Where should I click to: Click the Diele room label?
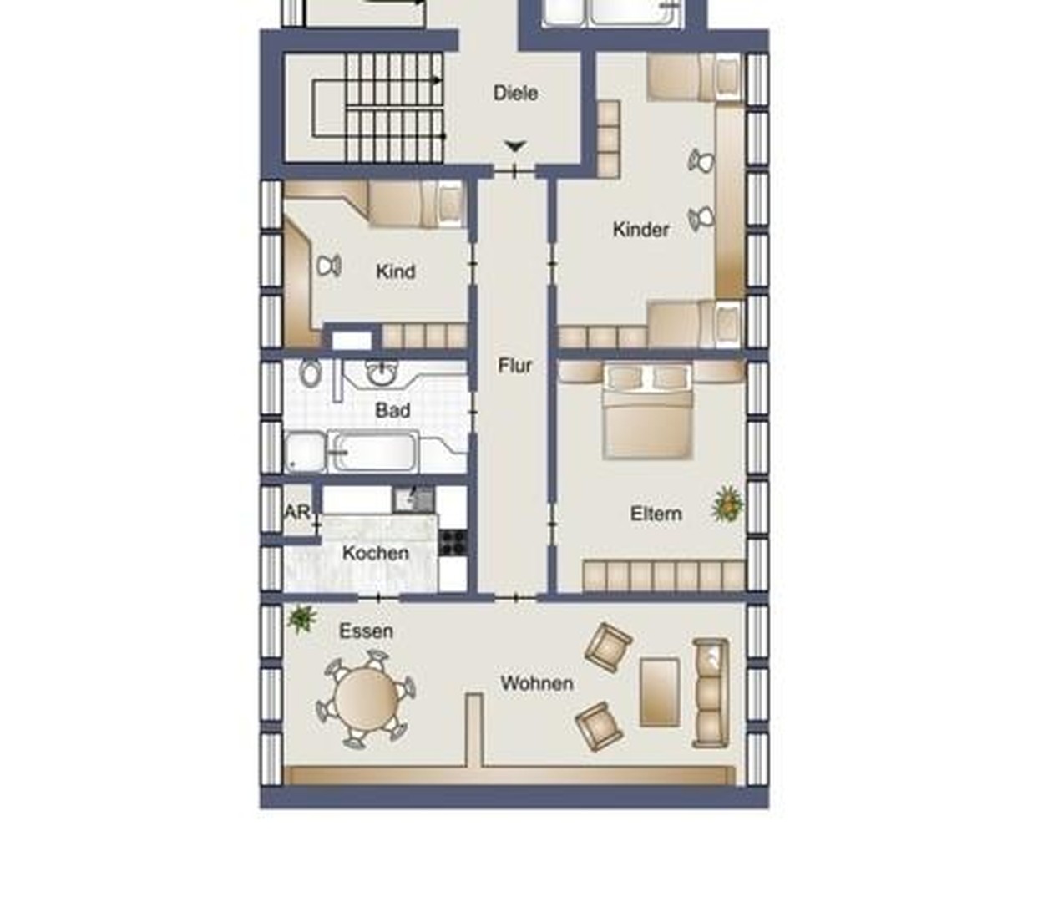pyautogui.click(x=515, y=94)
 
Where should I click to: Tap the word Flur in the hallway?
pyautogui.click(x=514, y=366)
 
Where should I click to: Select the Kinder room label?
pyautogui.click(x=640, y=230)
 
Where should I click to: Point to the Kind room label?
pyautogui.click(x=396, y=271)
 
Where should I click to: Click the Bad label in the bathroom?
pyautogui.click(x=392, y=410)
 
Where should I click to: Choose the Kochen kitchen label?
pyautogui.click(x=376, y=553)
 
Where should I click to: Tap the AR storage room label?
pyautogui.click(x=297, y=512)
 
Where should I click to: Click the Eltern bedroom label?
pyautogui.click(x=656, y=514)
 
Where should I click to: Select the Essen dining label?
pyautogui.click(x=367, y=631)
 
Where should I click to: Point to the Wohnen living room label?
pyautogui.click(x=537, y=683)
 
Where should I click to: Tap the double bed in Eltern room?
pyautogui.click(x=648, y=412)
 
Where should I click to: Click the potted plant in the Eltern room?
pyautogui.click(x=727, y=504)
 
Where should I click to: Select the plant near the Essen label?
pyautogui.click(x=301, y=619)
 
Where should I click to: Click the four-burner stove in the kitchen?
pyautogui.click(x=452, y=543)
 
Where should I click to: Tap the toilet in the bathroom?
pyautogui.click(x=309, y=373)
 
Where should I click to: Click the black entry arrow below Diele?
pyautogui.click(x=516, y=147)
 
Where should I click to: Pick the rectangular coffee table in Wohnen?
pyautogui.click(x=660, y=692)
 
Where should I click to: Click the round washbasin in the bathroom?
pyautogui.click(x=382, y=373)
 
